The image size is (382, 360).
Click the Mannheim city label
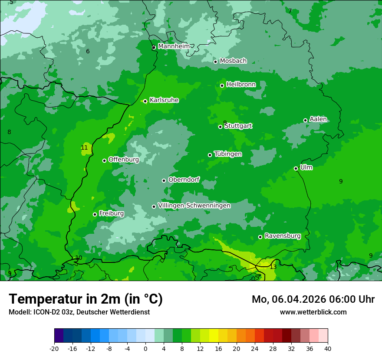tap(174, 46)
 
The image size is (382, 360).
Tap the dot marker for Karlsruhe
tap(145, 101)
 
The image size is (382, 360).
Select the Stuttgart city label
tap(238, 126)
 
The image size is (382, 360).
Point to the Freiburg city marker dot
tap(95, 214)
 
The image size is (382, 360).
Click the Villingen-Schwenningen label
tap(194, 206)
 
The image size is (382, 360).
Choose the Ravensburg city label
tap(283, 236)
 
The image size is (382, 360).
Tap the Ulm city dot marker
tap(296, 168)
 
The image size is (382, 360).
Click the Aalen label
tap(318, 119)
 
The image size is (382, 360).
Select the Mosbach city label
tap(233, 61)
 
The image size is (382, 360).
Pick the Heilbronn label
tap(241, 85)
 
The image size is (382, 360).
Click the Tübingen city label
tap(228, 154)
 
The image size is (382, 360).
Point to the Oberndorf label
tap(184, 180)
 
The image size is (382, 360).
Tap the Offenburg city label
tap(124, 160)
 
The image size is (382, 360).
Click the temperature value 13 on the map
tap(273, 267)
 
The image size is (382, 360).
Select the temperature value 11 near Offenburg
tap(84, 147)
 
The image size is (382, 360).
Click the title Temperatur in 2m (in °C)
tap(86, 299)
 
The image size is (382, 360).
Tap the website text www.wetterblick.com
tap(313, 312)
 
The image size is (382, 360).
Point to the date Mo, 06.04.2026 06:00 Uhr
tap(313, 299)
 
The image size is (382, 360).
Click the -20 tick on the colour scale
tap(54, 348)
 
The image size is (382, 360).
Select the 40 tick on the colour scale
tap(327, 348)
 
